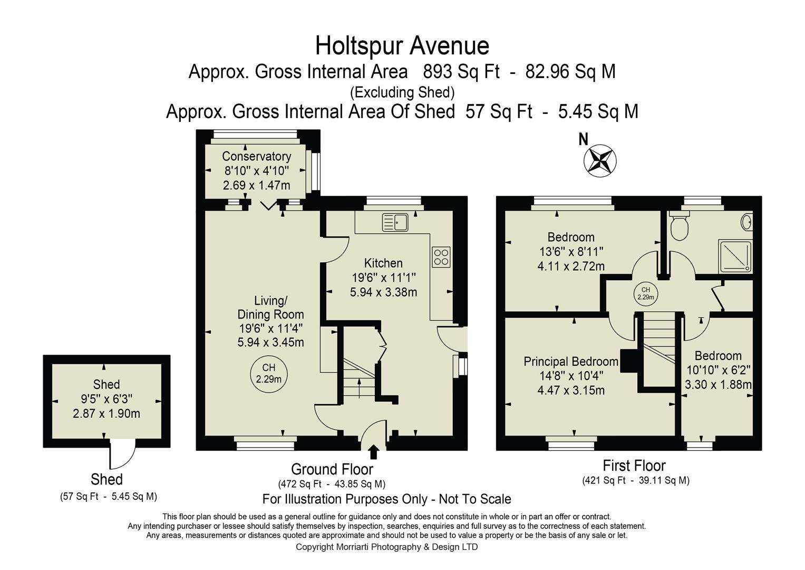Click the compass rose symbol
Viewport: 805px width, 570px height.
tap(600, 160)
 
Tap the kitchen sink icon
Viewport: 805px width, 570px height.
tap(395, 222)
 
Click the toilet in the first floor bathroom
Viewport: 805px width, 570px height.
tap(679, 225)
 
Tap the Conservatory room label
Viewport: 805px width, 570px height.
tap(256, 156)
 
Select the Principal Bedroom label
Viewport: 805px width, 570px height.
tap(571, 362)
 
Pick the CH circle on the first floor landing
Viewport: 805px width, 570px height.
tap(646, 293)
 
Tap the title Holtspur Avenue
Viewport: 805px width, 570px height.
tap(402, 46)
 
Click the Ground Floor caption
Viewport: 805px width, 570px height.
tap(332, 469)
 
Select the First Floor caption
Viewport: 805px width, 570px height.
tap(634, 465)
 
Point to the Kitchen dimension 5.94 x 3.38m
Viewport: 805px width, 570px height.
tap(383, 292)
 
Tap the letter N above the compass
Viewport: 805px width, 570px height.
tap(584, 140)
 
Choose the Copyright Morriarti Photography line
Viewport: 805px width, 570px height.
tap(386, 547)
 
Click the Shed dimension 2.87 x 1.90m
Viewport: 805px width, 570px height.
tap(106, 413)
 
